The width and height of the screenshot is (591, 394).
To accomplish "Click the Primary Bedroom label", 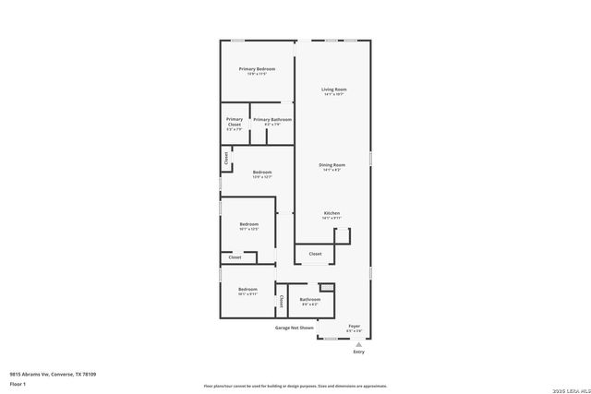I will pos(258,69).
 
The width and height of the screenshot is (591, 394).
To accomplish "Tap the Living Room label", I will pos(333,90).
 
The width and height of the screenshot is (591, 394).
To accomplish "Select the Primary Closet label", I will pos(235,121).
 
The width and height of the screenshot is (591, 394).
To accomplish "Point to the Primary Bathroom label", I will pos(272,119).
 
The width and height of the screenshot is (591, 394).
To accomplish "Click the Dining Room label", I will pos(332,164).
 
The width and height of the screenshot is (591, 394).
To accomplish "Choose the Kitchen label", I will pos(332,213).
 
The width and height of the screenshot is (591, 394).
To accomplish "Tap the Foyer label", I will pos(354,326).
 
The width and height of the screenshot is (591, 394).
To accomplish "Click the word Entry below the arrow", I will pos(358,352).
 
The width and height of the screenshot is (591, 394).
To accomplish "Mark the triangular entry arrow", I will pos(358,343).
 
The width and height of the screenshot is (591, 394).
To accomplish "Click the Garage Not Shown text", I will pos(294,328).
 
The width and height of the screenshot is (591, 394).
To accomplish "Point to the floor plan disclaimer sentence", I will pos(295,386).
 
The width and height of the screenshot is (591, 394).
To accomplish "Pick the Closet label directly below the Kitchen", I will pos(315,253).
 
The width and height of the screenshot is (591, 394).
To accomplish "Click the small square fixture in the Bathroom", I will pos(325,289).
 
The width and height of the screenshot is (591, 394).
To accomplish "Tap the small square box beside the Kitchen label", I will pos(343,235).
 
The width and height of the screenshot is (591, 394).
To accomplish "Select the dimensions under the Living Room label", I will pos(333,95).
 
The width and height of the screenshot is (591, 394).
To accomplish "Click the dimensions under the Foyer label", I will pos(354,331).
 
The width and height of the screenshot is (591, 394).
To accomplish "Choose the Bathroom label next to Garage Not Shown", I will pos(309,299).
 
